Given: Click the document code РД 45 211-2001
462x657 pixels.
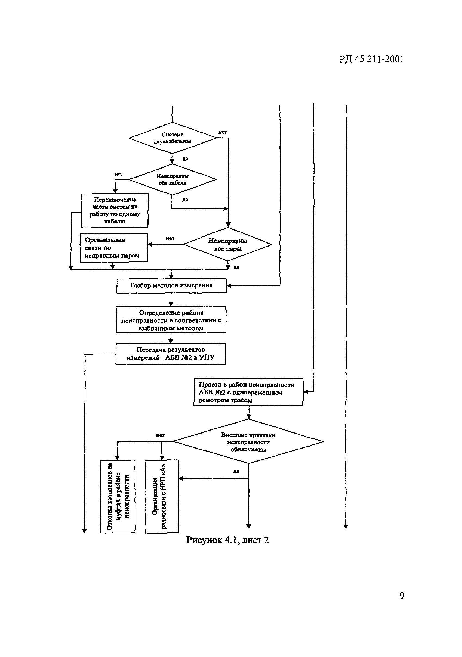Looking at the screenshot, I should point(371,59).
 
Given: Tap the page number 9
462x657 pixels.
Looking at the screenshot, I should point(402,596).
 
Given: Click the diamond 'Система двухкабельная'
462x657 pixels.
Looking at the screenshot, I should point(173,138).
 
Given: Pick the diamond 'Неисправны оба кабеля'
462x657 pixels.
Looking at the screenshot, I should point(173,180).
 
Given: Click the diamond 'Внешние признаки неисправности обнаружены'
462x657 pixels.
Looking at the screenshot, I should point(248,442).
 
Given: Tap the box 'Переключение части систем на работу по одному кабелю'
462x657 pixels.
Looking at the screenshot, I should point(115,211).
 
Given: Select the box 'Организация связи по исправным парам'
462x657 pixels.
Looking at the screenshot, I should point(113,248).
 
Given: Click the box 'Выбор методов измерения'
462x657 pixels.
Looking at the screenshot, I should point(171,286).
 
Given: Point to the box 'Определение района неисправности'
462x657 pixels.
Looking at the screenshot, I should point(171,320).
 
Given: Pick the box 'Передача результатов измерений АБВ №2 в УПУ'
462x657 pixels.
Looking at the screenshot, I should point(171,354).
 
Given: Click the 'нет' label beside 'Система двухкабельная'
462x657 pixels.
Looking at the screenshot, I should point(223,132).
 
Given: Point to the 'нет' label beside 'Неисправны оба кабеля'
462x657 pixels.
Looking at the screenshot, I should point(119,174).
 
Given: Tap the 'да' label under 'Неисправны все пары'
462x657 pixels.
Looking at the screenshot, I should point(236,267).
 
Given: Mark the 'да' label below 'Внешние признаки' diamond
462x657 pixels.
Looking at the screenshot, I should point(236,471).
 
